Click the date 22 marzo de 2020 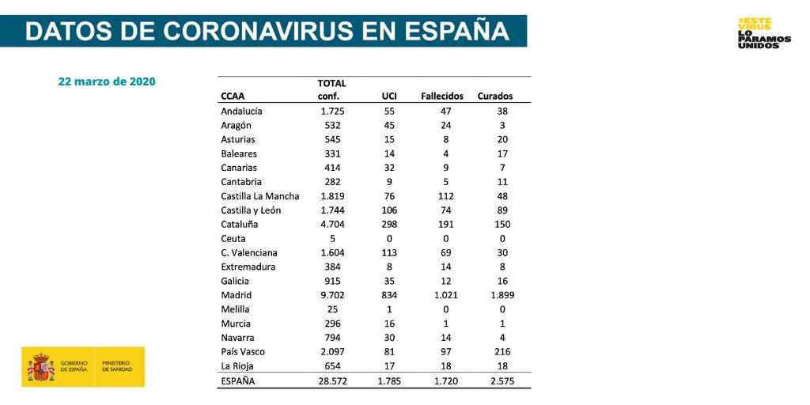pyautogui.click(x=106, y=81)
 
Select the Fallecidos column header pyautogui.click(x=441, y=96)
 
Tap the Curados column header pyautogui.click(x=495, y=96)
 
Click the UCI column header pyautogui.click(x=389, y=96)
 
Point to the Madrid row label pyautogui.click(x=237, y=295)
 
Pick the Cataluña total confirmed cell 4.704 pyautogui.click(x=331, y=224)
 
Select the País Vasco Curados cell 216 pyautogui.click(x=502, y=352)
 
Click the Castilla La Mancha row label pyautogui.click(x=260, y=196)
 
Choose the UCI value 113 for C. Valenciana pyautogui.click(x=389, y=252)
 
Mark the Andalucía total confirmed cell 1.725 pyautogui.click(x=331, y=111)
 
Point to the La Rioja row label pyautogui.click(x=238, y=366)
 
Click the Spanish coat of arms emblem pyautogui.click(x=40, y=367)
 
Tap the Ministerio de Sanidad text pyautogui.click(x=117, y=367)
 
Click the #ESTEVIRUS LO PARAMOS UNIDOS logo pyautogui.click(x=763, y=33)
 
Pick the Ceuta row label pyautogui.click(x=233, y=238)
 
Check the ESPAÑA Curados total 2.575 pyautogui.click(x=502, y=381)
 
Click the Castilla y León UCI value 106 pyautogui.click(x=389, y=210)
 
